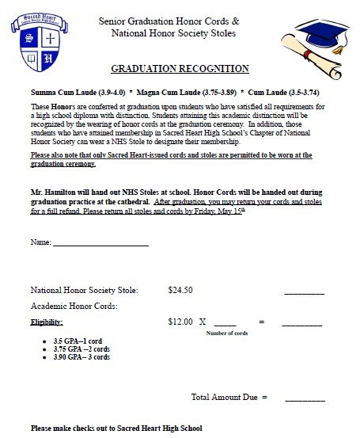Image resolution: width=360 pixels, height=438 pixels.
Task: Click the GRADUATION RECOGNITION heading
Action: pyautogui.click(x=180, y=69)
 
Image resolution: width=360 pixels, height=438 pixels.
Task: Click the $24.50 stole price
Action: pyautogui.click(x=180, y=291)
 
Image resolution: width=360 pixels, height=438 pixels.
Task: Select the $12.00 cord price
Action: pyautogui.click(x=180, y=322)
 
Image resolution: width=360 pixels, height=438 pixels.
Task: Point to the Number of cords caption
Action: pyautogui.click(x=227, y=333)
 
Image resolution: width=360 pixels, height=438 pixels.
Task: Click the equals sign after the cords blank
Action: pyautogui.click(x=260, y=322)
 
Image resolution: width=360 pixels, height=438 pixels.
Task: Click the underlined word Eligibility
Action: pyautogui.click(x=46, y=322)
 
